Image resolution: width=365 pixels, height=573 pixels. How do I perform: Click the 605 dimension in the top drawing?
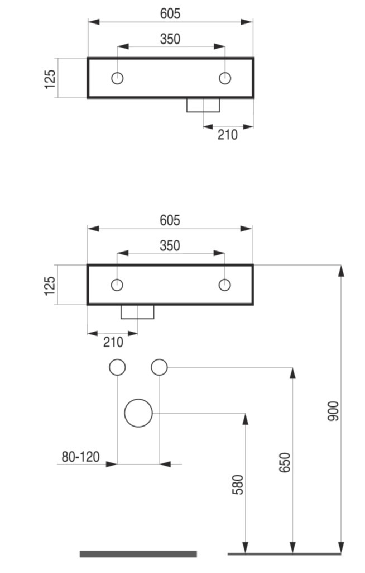[x=170, y=13]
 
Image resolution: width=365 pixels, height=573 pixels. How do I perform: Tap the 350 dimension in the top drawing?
[x=170, y=39]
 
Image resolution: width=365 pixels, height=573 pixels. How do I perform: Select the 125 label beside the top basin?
[x=50, y=79]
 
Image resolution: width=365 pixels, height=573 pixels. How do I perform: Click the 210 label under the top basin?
[x=228, y=135]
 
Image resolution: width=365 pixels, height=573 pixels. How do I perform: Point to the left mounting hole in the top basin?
[x=117, y=78]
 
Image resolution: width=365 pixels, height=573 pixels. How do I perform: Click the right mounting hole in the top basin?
[x=225, y=78]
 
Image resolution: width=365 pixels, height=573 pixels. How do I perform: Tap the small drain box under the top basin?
[x=203, y=105]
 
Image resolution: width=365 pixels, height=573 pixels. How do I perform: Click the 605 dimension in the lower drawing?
[x=170, y=220]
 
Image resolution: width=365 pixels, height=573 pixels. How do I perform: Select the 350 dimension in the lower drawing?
[x=170, y=246]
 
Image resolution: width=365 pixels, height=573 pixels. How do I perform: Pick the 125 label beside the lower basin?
[x=50, y=285]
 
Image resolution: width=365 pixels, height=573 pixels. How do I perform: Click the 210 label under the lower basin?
[x=114, y=342]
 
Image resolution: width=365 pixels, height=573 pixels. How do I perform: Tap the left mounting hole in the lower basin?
[x=117, y=285]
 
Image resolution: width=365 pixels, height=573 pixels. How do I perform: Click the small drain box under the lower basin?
[x=137, y=312]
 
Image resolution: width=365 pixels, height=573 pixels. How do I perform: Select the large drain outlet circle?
[x=138, y=413]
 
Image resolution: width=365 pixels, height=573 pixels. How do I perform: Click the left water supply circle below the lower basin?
[x=117, y=367]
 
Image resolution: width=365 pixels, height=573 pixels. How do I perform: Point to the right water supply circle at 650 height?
[x=160, y=367]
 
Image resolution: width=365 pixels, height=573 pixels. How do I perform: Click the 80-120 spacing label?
[x=80, y=457]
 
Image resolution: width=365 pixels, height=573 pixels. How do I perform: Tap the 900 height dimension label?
[x=333, y=411]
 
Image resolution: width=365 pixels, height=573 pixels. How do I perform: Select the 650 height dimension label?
[x=285, y=462]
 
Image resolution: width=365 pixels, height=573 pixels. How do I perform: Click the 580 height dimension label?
[x=238, y=485]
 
